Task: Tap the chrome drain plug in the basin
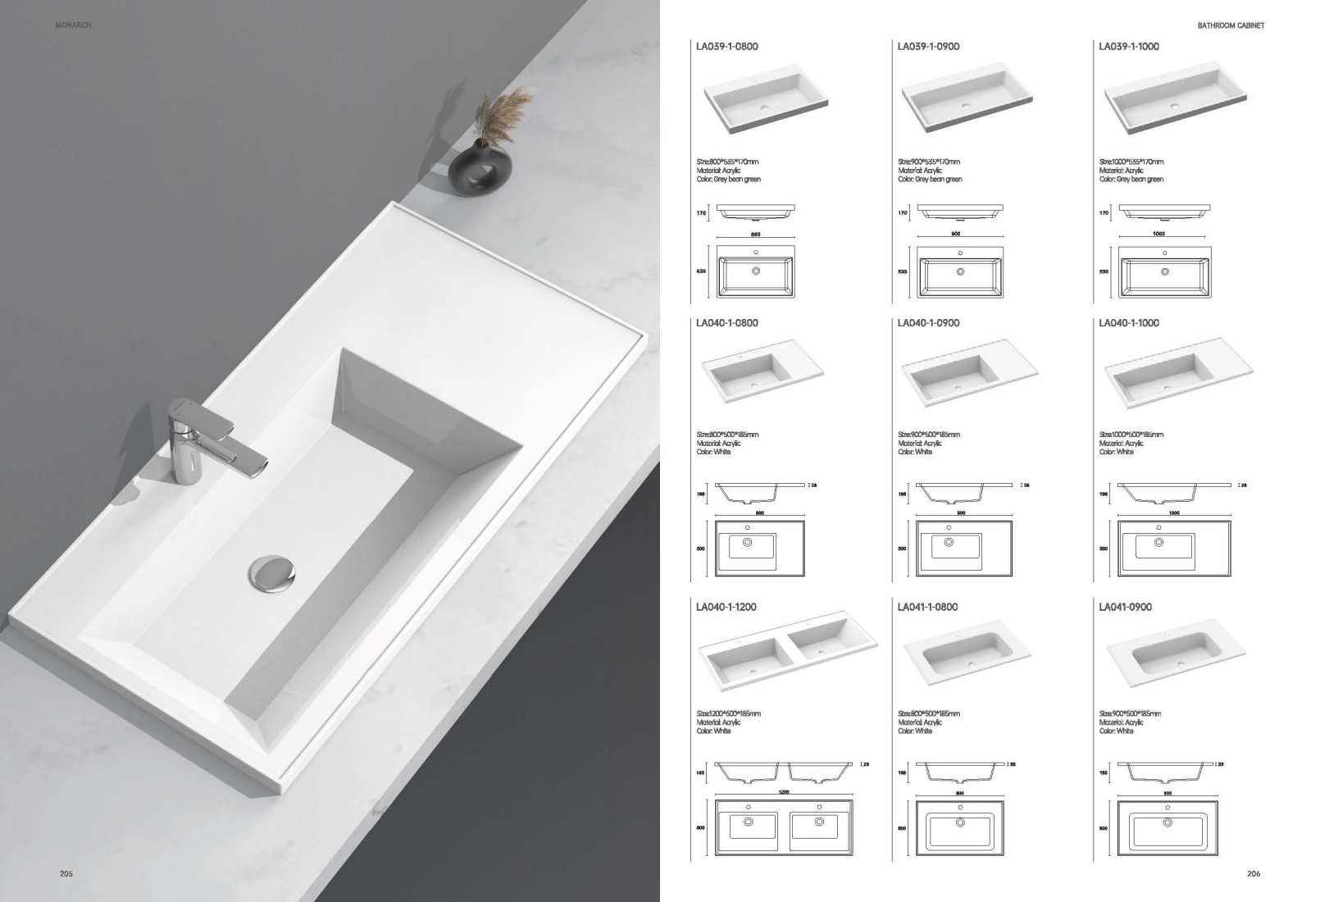[x=271, y=572]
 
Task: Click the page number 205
[x=66, y=873]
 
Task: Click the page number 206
[x=1254, y=873]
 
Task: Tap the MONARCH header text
[x=73, y=25]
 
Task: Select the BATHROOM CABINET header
[x=1231, y=26]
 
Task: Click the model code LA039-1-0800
[x=726, y=47]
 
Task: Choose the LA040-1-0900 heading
[x=928, y=323]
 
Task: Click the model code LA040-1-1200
[x=726, y=607]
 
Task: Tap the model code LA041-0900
[x=1125, y=607]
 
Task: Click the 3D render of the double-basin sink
[x=787, y=649]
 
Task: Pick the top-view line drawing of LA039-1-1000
[x=1165, y=272]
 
